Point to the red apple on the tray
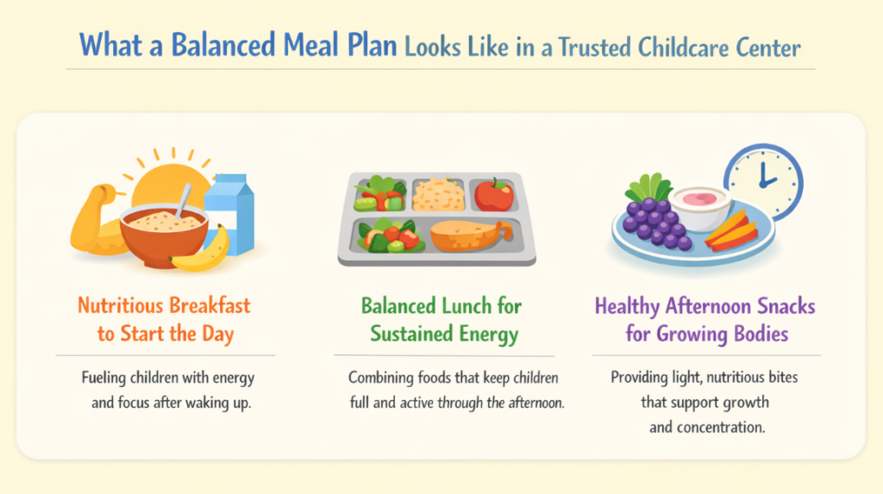493,195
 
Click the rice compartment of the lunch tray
437,194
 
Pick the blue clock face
763,180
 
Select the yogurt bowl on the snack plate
700,208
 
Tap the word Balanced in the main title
215,44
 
